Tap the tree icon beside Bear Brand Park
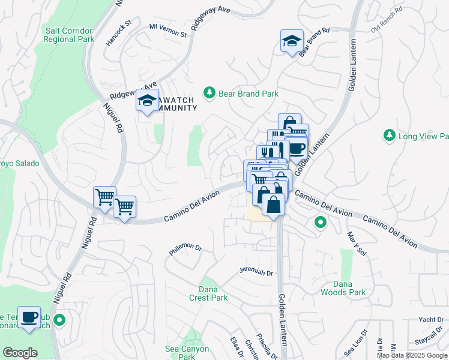coord(209,92)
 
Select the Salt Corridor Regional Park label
coord(69,35)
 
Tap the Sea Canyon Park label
coord(187,353)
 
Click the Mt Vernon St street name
coord(168,30)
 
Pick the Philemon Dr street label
coord(185,250)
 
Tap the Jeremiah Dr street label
coord(256,272)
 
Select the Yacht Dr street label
coord(431,319)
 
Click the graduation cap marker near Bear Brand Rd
coord(291,41)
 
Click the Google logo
coord(20,353)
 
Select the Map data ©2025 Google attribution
coord(412,355)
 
